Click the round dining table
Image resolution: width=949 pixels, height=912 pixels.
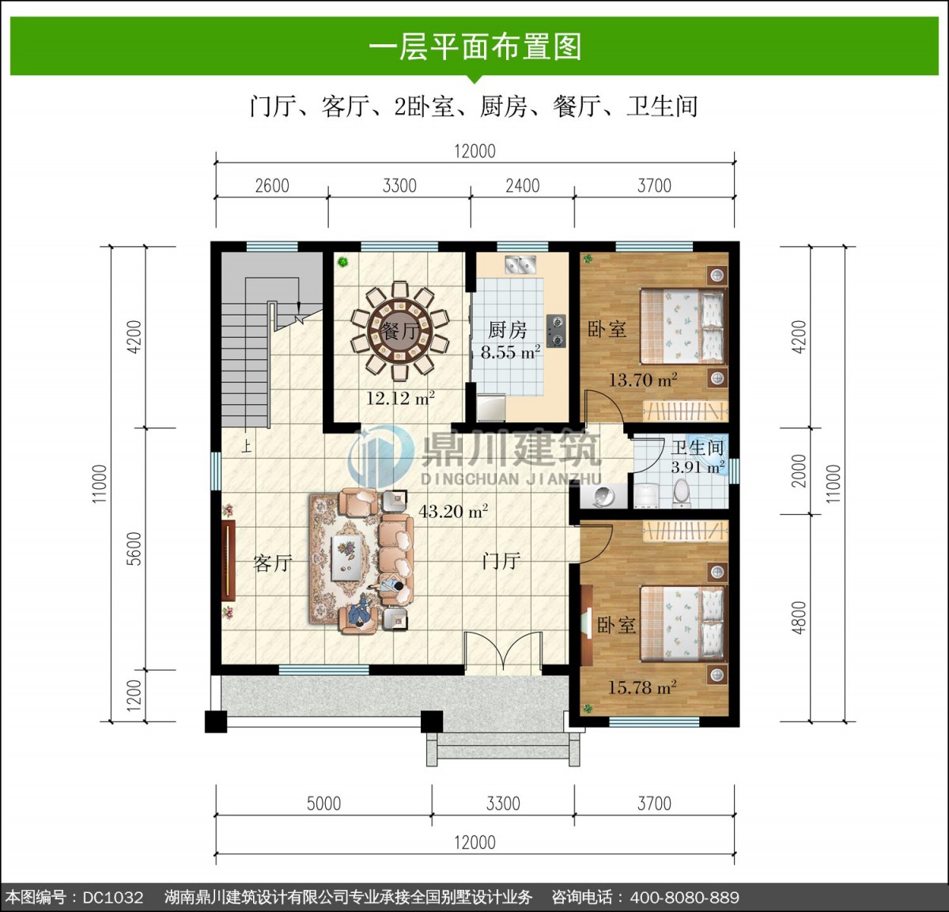399,331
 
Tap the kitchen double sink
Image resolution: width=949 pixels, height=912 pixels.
520,265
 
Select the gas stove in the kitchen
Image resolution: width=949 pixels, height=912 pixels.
556,330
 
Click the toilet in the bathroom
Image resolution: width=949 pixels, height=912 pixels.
681,493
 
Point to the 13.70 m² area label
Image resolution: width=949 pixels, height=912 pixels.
643,380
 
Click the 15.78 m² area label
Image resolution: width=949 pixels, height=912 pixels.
642,687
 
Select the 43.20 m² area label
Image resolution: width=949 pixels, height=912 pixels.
453,511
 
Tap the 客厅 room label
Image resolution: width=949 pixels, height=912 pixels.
273,563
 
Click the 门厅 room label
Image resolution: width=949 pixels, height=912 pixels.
501,561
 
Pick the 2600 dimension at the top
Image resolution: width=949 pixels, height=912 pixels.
272,186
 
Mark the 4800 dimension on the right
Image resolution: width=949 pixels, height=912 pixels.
799,618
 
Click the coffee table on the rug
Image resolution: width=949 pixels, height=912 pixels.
346,558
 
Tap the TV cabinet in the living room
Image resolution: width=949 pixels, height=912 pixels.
229,560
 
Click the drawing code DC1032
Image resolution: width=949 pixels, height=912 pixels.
113,897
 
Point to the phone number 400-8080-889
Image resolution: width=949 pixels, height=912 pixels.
685,897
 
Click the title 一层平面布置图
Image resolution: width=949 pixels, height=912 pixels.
475,47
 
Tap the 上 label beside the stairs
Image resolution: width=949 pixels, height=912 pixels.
247,446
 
